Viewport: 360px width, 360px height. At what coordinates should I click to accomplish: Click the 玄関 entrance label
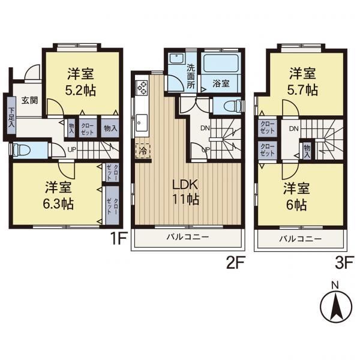(30, 100)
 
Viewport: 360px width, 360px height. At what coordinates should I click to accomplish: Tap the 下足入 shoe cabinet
(11, 118)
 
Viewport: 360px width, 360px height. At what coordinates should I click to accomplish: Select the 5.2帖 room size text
(80, 91)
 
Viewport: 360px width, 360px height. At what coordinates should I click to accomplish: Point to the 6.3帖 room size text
(58, 204)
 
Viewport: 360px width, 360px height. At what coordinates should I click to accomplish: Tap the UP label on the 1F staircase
(72, 149)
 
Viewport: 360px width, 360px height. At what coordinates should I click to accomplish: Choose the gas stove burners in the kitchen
(142, 88)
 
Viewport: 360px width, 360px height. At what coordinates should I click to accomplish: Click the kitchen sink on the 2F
(142, 123)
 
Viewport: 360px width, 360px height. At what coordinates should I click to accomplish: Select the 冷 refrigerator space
(143, 151)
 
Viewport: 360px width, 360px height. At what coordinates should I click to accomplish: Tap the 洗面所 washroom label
(191, 76)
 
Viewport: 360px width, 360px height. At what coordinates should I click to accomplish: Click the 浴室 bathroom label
(221, 83)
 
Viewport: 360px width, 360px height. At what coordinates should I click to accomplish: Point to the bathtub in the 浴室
(221, 63)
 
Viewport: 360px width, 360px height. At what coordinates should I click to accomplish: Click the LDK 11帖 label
(185, 192)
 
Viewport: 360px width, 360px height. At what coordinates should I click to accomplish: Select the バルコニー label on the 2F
(188, 237)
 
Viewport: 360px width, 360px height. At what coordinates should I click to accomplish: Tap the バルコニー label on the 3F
(301, 239)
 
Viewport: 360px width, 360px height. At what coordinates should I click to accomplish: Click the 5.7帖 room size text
(302, 90)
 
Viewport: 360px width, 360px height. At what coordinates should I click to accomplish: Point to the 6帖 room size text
(296, 205)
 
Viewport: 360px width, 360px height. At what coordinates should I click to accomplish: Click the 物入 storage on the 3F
(307, 151)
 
